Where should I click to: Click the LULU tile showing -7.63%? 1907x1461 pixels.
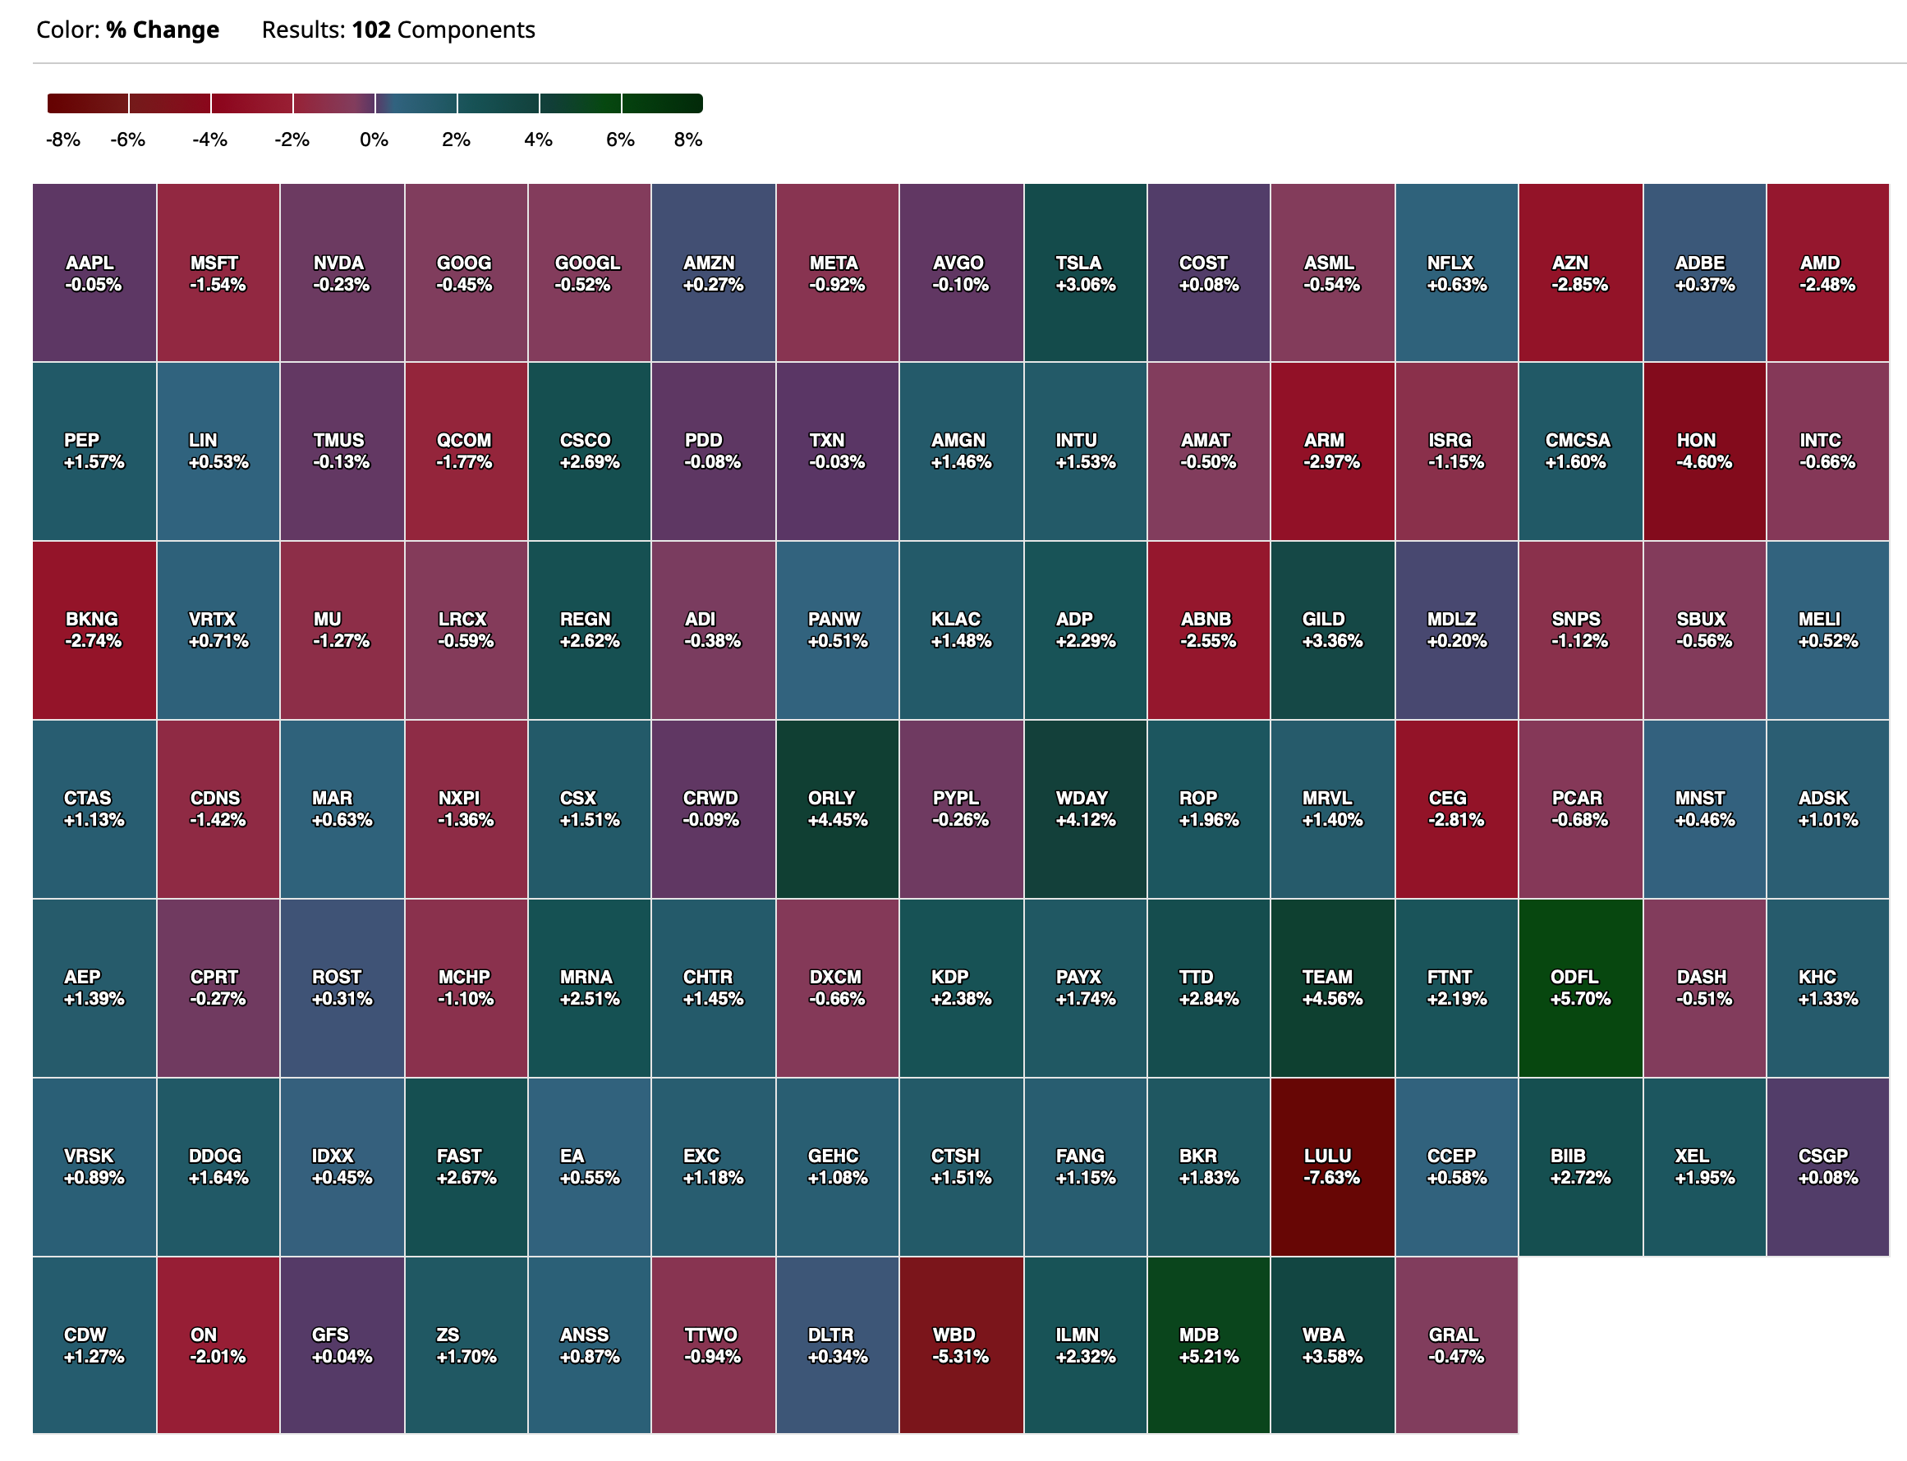(1332, 1166)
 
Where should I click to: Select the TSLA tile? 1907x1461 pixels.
(1085, 273)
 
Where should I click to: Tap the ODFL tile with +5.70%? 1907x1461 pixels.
(1580, 988)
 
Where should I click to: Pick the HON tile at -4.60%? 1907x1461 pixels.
(1703, 451)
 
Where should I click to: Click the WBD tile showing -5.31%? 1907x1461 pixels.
(960, 1344)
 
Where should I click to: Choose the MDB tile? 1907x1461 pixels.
(1208, 1344)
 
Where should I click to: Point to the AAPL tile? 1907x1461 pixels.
(94, 273)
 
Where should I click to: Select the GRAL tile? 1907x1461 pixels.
(1455, 1344)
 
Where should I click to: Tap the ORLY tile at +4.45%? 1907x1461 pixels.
(837, 808)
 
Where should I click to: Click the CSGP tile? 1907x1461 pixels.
(1827, 1166)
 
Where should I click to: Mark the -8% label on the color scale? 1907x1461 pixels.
(62, 140)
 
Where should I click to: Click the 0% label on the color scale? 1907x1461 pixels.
(375, 140)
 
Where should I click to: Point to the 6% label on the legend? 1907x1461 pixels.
(620, 140)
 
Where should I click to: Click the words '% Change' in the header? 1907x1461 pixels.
(163, 30)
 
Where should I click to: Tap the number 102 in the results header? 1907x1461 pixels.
(371, 30)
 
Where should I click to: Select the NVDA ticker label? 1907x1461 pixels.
(338, 263)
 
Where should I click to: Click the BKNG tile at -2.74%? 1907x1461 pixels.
(94, 630)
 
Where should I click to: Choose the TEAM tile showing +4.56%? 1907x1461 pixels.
(1332, 988)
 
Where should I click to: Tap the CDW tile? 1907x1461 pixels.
(94, 1344)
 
